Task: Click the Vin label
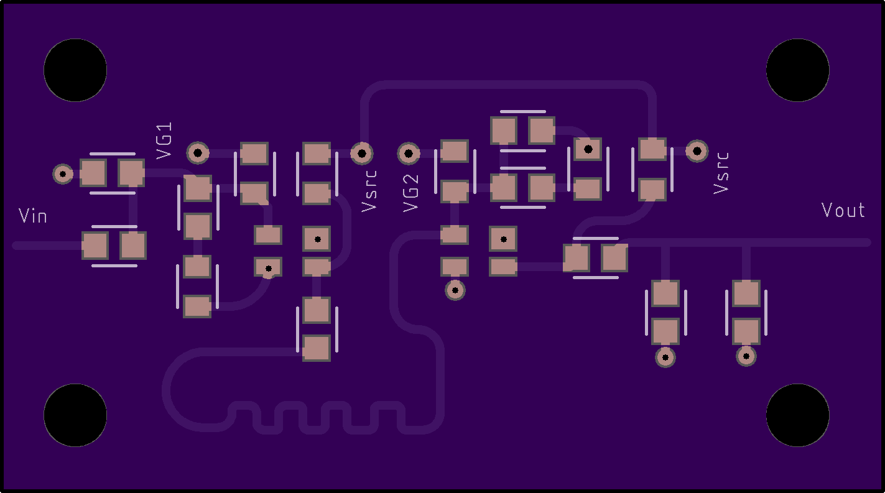tap(33, 216)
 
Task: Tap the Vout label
tap(843, 210)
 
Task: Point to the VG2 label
tap(411, 193)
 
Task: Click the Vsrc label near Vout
tap(721, 172)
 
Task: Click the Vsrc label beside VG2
tap(369, 190)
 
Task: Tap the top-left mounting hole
tap(75, 70)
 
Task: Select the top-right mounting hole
tap(797, 70)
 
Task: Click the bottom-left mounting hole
tap(75, 415)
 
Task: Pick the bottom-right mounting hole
tap(797, 415)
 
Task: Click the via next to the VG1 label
tap(198, 152)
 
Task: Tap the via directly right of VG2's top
tap(409, 152)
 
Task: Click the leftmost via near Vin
tap(63, 173)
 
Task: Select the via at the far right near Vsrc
tap(697, 150)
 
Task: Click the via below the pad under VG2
tap(455, 290)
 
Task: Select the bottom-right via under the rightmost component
tap(746, 356)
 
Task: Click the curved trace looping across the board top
tap(510, 85)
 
